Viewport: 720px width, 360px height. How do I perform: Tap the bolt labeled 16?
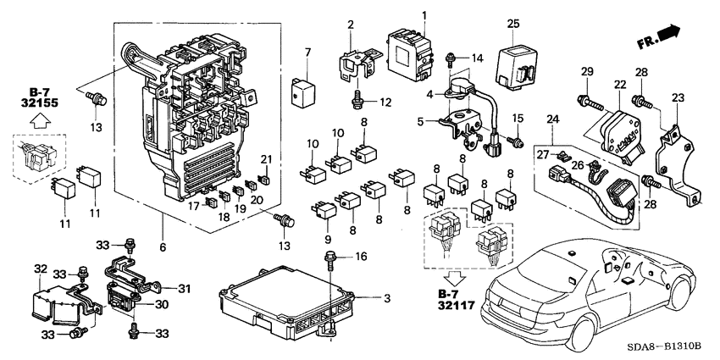[330, 260]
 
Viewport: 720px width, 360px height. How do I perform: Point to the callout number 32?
[39, 269]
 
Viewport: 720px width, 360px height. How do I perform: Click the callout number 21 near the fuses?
[266, 160]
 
